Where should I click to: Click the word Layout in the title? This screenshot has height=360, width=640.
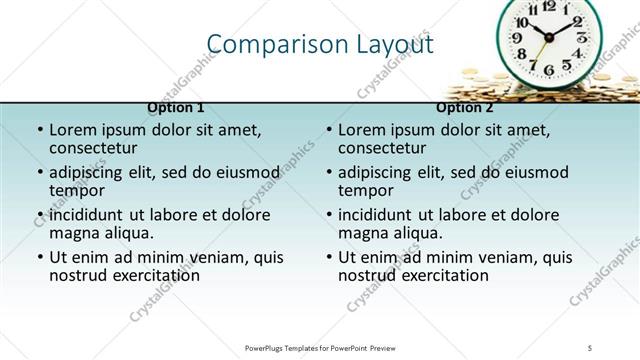click(396, 44)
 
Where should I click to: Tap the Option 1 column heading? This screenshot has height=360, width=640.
click(176, 107)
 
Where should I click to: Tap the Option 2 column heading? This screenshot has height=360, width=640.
click(465, 107)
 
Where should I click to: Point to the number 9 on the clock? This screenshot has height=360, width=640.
click(518, 39)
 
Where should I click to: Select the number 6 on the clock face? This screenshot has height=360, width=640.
click(548, 71)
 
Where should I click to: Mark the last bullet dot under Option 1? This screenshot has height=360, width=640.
click(39, 258)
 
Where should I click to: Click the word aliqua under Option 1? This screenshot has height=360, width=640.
click(128, 232)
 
